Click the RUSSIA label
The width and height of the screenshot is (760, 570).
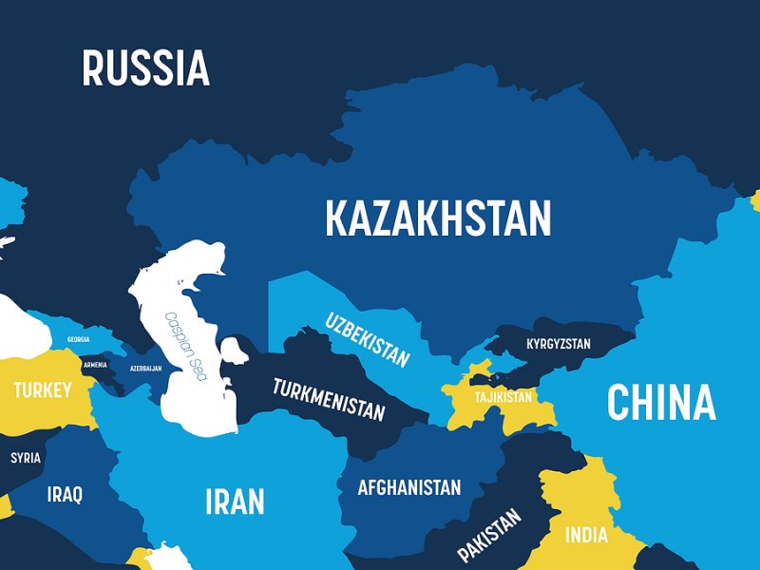(x=145, y=68)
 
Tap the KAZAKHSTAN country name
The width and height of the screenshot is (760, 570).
(x=438, y=218)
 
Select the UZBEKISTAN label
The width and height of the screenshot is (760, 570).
(x=368, y=339)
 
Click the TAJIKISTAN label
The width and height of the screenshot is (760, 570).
(x=503, y=397)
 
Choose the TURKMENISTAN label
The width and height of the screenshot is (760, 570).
(x=329, y=400)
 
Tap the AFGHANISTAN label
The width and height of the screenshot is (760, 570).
(x=408, y=488)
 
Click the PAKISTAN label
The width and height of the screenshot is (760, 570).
(x=489, y=535)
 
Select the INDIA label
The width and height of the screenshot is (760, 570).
(x=586, y=535)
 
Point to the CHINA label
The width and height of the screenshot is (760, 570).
(x=661, y=402)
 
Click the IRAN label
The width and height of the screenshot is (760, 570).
(x=235, y=501)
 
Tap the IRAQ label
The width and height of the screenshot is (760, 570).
(x=65, y=494)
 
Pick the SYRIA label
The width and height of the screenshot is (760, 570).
(x=26, y=458)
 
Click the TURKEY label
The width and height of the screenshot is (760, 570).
(x=42, y=390)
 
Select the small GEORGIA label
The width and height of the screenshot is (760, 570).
(x=79, y=339)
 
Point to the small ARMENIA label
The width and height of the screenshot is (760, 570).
(x=95, y=365)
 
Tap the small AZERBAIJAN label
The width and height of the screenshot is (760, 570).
(x=145, y=368)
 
